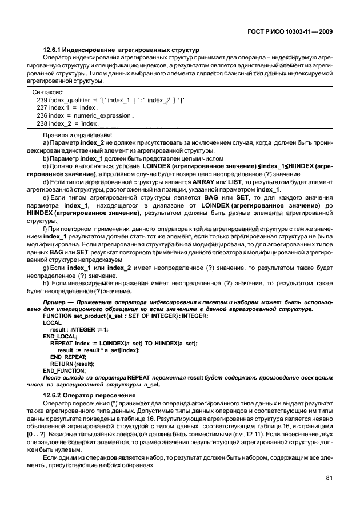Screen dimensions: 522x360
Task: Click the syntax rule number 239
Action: click(x=41, y=99)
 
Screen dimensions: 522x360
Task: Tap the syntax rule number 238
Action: click(x=41, y=123)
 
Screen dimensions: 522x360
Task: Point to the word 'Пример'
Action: click(x=56, y=301)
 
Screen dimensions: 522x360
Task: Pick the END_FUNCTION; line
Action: click(x=65, y=371)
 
